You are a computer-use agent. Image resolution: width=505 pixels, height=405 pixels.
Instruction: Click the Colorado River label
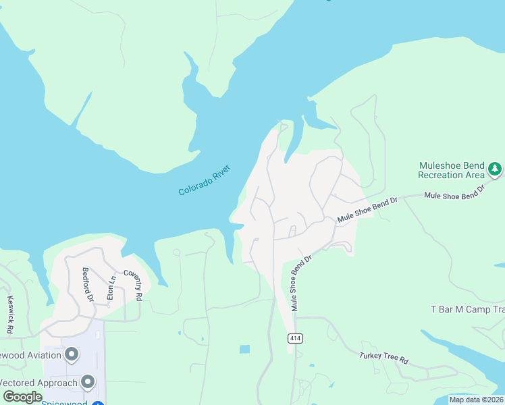coord(205,180)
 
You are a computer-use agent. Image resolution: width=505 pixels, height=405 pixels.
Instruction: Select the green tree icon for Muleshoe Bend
coord(496,167)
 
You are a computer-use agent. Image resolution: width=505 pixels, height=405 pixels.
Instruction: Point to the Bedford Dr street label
coord(86,283)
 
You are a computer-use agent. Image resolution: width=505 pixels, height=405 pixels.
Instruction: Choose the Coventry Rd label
coord(133,286)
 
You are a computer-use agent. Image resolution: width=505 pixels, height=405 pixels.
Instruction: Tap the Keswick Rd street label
coord(10,315)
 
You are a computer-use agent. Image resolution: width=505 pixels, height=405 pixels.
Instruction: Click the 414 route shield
coord(294,337)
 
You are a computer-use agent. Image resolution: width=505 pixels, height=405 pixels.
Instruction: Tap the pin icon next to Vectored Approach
coord(88,383)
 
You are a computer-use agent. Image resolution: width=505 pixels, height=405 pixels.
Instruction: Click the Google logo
coord(22,397)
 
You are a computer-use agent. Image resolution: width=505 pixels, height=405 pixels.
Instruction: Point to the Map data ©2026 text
coord(475,400)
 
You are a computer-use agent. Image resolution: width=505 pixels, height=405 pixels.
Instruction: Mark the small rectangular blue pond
coord(244,349)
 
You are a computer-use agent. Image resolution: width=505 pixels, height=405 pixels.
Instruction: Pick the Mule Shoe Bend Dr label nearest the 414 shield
coord(302,283)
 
